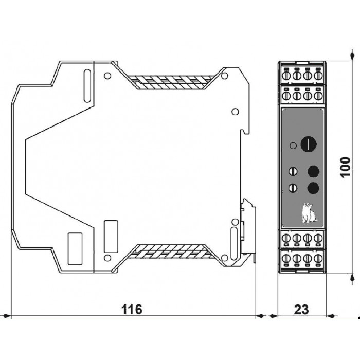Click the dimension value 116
pos(132,310)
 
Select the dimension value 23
pos(301,310)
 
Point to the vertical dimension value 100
pos(345,167)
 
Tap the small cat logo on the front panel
pos(309,213)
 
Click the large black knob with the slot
pos(309,144)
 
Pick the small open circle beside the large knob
pos(293,146)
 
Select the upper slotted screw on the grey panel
pos(293,171)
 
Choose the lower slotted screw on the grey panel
pos(293,188)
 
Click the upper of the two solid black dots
pos(313,171)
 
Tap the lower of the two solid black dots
pos(313,188)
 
